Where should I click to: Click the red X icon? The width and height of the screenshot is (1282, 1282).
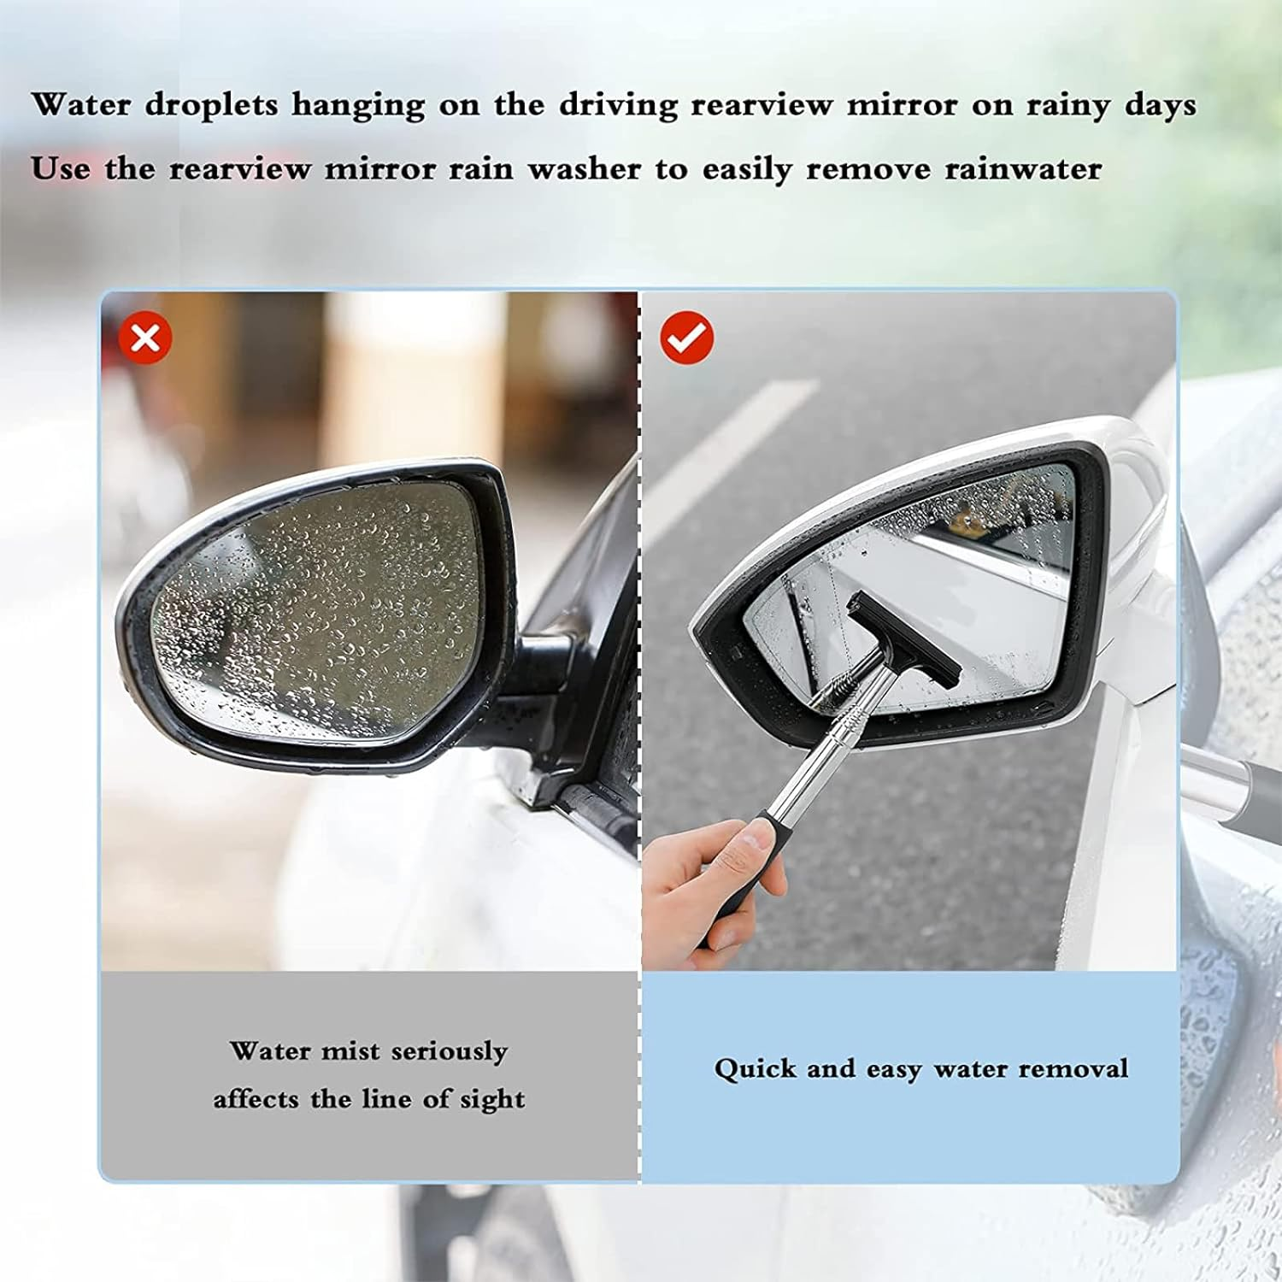[x=145, y=338]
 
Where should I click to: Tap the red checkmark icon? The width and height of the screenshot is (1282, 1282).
[x=686, y=338]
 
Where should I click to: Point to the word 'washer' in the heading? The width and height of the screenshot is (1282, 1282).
[x=584, y=169]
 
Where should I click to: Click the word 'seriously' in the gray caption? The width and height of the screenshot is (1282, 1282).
[x=449, y=1051]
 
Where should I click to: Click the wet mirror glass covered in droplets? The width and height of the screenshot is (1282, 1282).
[x=316, y=598]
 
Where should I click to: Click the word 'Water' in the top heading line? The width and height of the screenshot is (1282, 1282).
[x=80, y=105]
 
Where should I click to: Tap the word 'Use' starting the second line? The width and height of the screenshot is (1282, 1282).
[x=59, y=169]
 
